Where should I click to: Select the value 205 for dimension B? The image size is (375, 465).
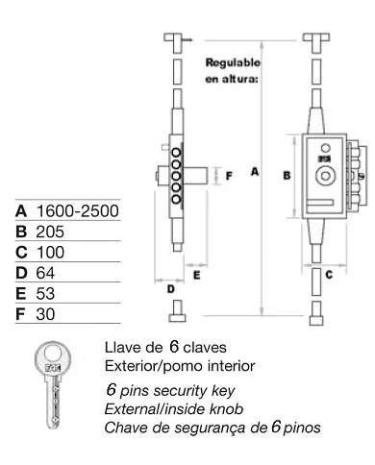point(48,232)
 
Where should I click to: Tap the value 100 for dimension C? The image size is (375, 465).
point(48,254)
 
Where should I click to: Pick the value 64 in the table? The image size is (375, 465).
point(44,276)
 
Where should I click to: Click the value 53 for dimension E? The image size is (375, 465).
point(44,298)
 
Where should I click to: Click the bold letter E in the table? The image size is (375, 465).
point(21,298)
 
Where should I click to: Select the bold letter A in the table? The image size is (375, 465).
point(21,209)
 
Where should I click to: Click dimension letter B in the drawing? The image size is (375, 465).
point(286,176)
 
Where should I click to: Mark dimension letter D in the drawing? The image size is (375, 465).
point(170,288)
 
